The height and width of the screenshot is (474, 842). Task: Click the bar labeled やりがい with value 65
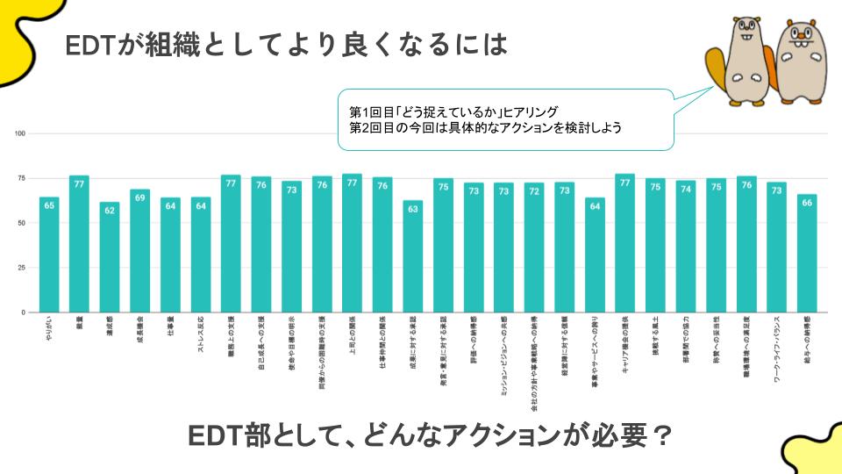[49, 259]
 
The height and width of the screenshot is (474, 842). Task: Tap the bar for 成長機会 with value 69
[140, 255]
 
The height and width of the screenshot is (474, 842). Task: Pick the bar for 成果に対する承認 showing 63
[413, 261]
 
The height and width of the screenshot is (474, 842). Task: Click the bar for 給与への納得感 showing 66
[807, 257]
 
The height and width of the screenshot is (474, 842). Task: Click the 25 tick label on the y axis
[22, 268]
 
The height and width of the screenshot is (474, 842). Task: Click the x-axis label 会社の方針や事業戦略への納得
[534, 363]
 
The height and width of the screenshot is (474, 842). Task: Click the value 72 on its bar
[534, 190]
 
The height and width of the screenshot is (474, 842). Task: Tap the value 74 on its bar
[686, 187]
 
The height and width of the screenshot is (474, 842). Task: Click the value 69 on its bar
[140, 196]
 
